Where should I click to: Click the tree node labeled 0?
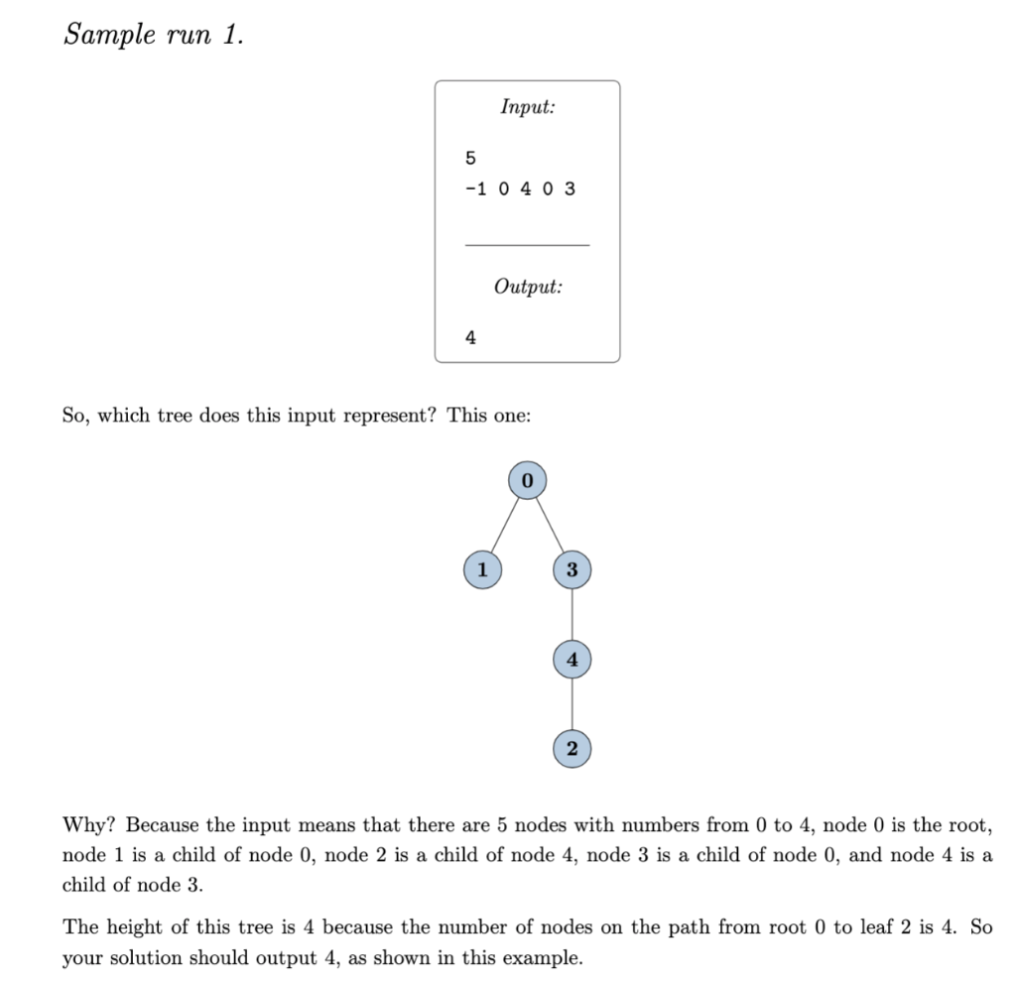click(527, 480)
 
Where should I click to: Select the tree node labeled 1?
click(481, 569)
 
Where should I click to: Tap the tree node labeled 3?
click(571, 569)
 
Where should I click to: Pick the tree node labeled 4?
click(571, 659)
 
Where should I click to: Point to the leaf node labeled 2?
click(571, 748)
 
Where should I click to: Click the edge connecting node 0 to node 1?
click(504, 525)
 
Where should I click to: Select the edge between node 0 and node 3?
click(550, 525)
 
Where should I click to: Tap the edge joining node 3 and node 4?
click(571, 614)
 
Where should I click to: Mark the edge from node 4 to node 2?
click(571, 703)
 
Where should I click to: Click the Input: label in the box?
click(527, 106)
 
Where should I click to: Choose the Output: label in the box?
click(527, 287)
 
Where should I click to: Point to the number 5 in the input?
click(470, 157)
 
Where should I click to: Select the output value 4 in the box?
click(470, 337)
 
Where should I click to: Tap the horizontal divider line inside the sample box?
click(527, 244)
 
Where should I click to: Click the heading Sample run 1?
click(153, 35)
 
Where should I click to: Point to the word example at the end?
click(545, 958)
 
